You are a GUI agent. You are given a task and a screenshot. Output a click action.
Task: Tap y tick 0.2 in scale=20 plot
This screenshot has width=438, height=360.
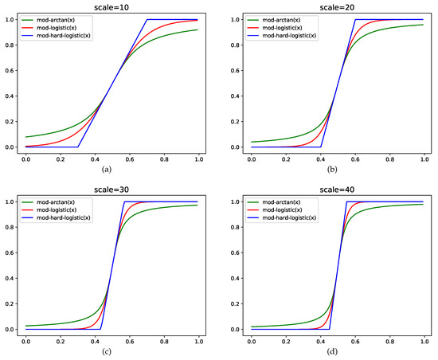tap(237, 122)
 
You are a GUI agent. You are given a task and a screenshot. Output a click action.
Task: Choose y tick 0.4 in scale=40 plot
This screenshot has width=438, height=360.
tap(237, 278)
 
